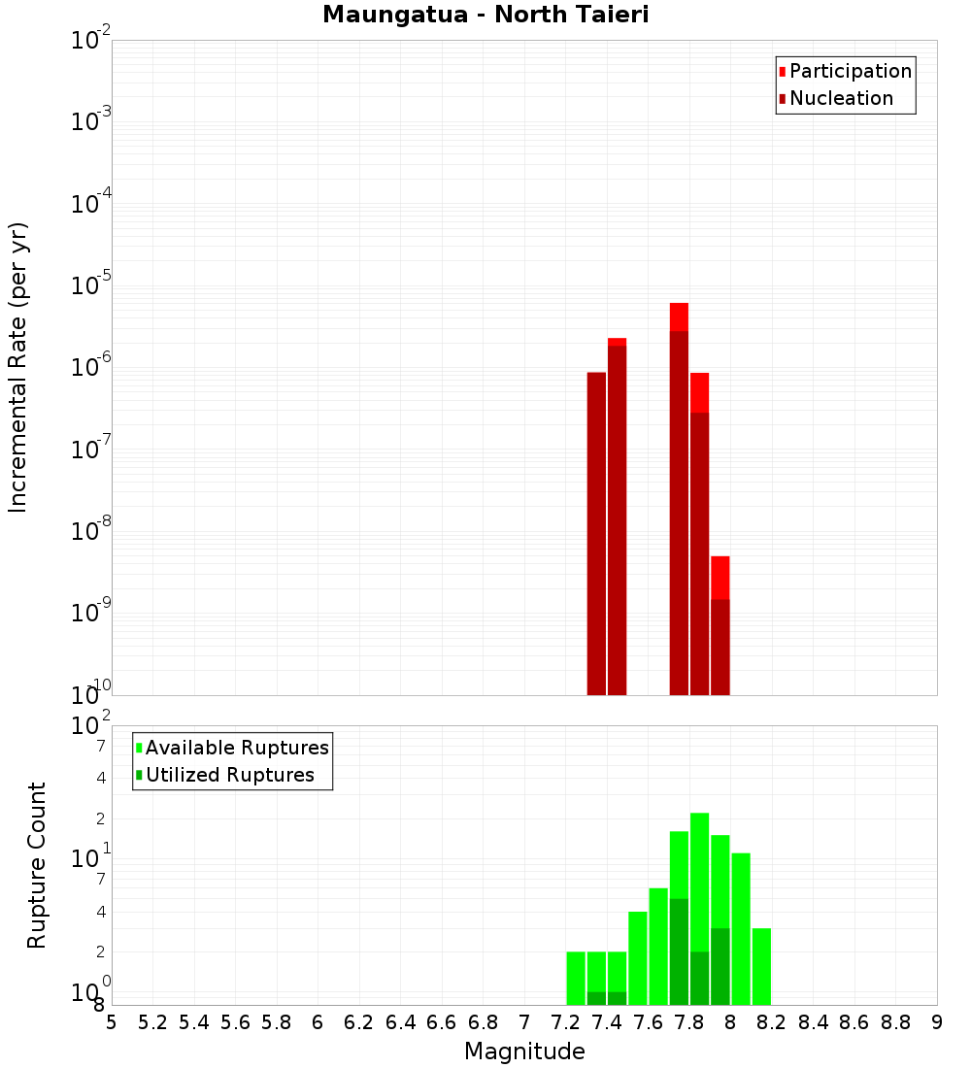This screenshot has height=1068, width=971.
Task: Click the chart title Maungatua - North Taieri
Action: pyautogui.click(x=485, y=16)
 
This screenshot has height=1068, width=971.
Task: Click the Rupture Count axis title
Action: pyautogui.click(x=37, y=864)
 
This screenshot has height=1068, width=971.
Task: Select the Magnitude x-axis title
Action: pyautogui.click(x=524, y=1051)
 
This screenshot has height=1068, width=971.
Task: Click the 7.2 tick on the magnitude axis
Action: pyautogui.click(x=565, y=1022)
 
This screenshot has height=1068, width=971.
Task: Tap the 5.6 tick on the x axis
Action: pyautogui.click(x=235, y=1022)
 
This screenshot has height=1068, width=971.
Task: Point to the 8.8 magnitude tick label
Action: pyautogui.click(x=895, y=1022)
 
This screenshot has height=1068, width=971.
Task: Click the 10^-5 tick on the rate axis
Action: pyautogui.click(x=90, y=285)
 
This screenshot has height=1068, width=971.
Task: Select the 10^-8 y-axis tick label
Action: pyautogui.click(x=90, y=531)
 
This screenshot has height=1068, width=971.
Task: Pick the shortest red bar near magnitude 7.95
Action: pyautogui.click(x=720, y=626)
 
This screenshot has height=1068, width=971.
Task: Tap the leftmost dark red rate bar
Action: pyautogui.click(x=596, y=534)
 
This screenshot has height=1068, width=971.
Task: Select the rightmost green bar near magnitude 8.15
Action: pyautogui.click(x=761, y=966)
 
